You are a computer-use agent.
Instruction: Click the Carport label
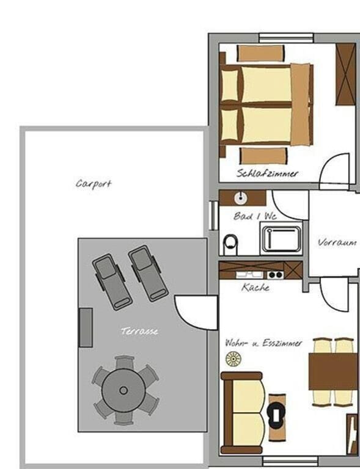94,183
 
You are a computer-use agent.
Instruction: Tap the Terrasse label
139,331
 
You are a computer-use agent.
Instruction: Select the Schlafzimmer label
268,173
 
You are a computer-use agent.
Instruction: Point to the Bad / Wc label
255,216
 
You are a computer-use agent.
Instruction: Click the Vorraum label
337,242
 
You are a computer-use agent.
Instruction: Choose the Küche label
255,287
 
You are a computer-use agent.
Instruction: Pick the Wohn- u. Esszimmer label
263,343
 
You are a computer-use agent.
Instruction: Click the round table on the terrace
123,390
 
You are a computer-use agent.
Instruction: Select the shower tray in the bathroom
281,239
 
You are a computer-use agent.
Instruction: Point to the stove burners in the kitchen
275,274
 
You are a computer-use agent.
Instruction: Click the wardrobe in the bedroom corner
345,74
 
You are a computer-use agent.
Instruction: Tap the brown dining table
333,372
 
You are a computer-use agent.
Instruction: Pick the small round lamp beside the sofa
233,358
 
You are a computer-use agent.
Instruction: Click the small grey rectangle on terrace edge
86,327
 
